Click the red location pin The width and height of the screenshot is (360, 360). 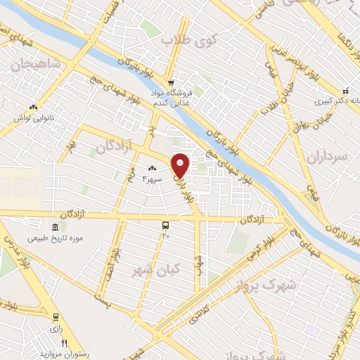coord(181,165)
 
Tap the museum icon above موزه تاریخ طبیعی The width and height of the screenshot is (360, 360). coord(55,226)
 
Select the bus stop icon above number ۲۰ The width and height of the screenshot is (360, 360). coord(165,225)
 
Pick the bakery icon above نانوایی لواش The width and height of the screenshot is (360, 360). coord(33,106)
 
